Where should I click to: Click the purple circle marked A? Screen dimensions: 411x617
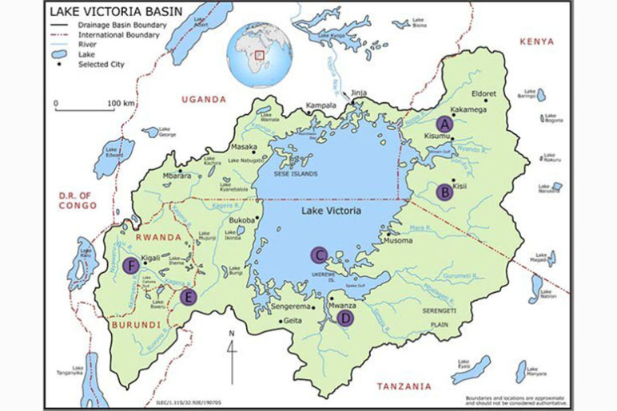[x=444, y=124]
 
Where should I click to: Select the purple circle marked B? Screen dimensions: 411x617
[x=444, y=192]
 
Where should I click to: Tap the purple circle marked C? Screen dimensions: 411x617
[x=320, y=255]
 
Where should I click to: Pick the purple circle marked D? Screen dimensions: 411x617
[x=345, y=318]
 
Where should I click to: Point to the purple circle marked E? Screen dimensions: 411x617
[x=189, y=298]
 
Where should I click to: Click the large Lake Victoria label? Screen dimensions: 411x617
[x=331, y=211]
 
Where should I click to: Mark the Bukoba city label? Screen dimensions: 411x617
[x=241, y=219]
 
